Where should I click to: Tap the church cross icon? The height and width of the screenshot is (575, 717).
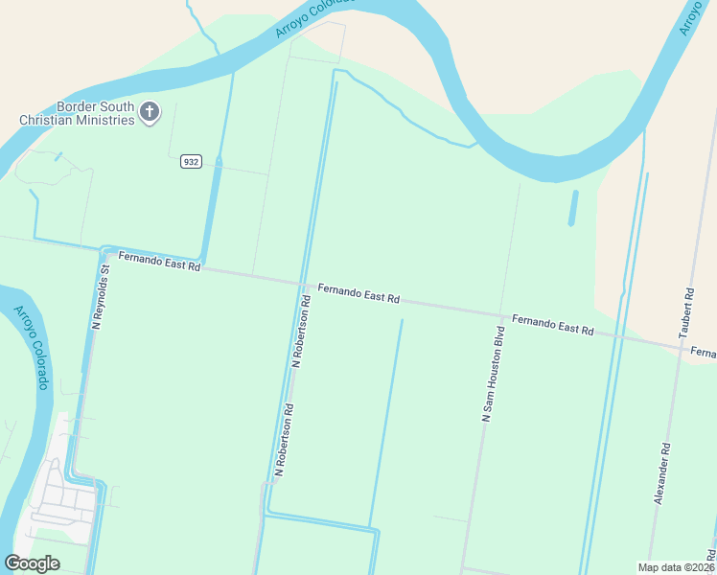point(150,113)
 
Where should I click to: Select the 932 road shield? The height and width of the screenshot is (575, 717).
point(191,162)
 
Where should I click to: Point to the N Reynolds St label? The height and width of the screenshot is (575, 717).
point(103,298)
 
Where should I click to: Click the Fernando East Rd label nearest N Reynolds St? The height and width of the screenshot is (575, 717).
point(159,261)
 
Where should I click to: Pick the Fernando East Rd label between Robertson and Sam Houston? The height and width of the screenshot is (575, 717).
point(358,292)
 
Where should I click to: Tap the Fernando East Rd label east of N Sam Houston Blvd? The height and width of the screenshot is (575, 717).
point(552,324)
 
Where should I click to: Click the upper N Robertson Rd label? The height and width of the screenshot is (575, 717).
point(301,332)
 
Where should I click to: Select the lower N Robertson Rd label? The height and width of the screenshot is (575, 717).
point(284,441)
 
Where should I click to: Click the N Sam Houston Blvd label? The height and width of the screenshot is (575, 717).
point(493,374)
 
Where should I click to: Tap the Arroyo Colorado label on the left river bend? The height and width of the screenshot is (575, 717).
point(31,347)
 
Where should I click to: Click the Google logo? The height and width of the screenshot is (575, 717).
point(32,563)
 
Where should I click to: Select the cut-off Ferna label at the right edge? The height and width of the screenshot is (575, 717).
point(703,354)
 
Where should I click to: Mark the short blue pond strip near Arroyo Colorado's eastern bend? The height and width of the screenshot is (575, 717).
point(572,208)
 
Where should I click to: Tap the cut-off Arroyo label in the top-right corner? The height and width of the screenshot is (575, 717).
point(693,17)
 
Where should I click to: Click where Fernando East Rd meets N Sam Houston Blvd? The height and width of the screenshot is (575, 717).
point(501,314)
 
